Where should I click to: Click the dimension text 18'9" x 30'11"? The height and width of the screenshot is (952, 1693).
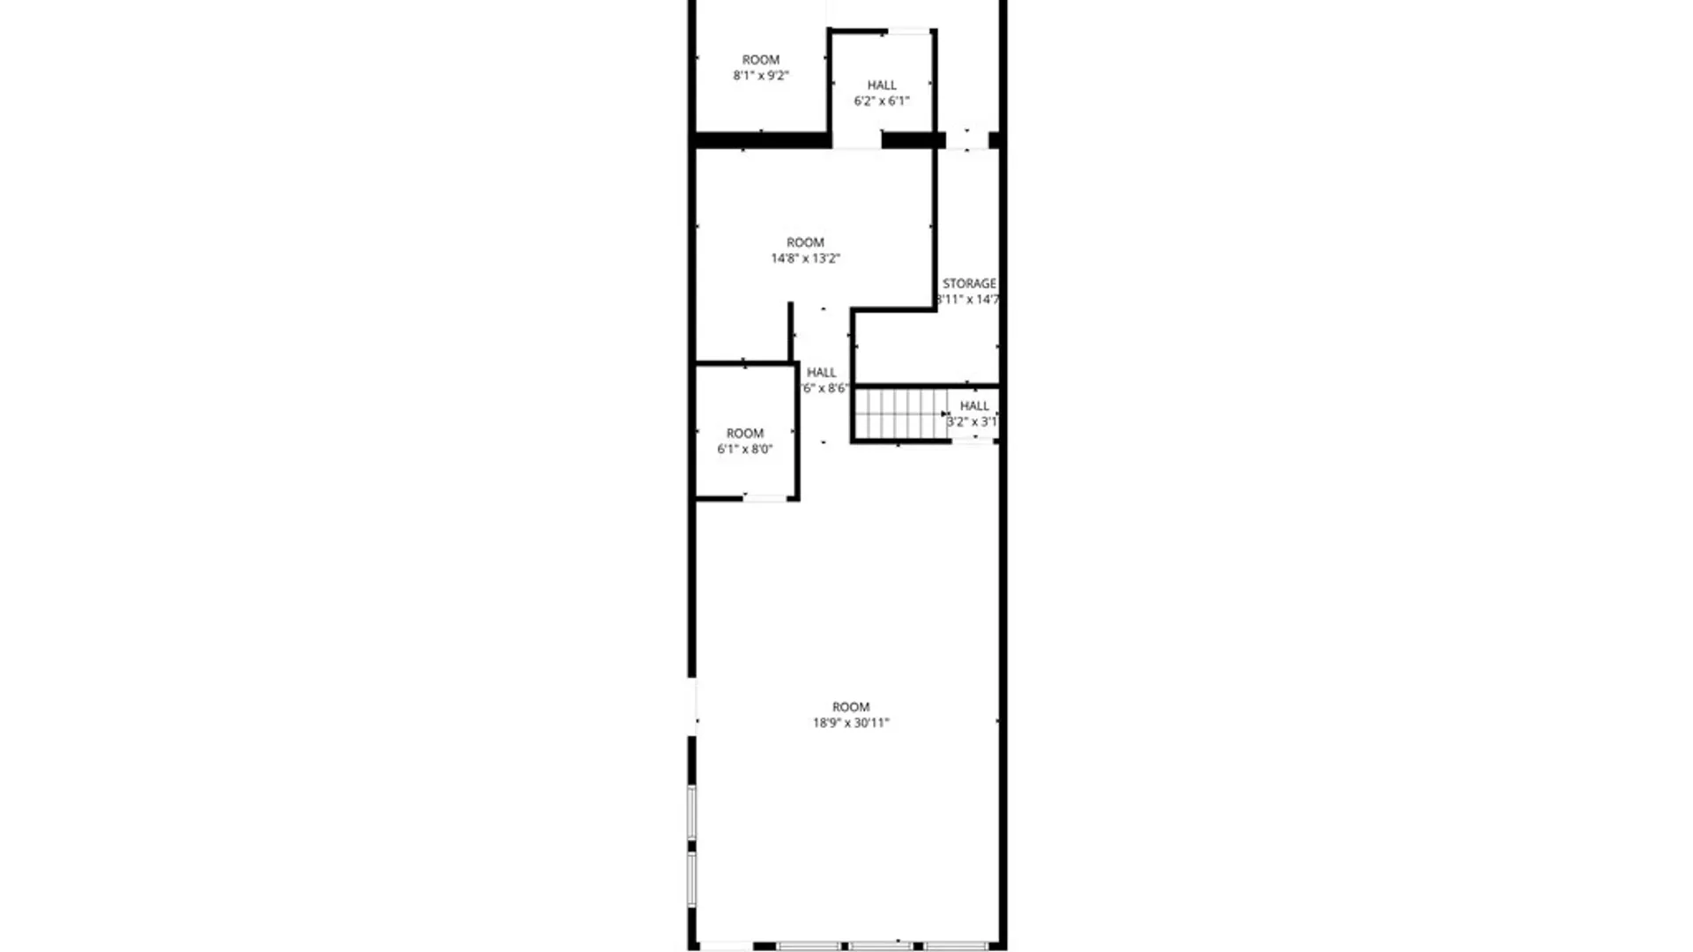coord(851,723)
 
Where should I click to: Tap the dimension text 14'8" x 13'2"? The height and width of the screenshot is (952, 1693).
coord(805,258)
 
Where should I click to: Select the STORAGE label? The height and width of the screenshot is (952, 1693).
coord(969,283)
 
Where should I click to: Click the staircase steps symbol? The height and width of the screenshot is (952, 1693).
coord(899,413)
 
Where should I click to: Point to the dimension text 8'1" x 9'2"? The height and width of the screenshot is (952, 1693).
coord(760,76)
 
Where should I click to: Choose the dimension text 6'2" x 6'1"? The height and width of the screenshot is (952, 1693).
coord(881,101)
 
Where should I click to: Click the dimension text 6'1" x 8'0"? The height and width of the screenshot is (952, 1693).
coord(744,450)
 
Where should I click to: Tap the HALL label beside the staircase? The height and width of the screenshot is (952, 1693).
coord(974,405)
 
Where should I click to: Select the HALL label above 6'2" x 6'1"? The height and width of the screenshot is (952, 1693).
coord(882,85)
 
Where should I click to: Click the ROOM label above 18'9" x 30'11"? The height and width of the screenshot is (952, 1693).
coord(851,706)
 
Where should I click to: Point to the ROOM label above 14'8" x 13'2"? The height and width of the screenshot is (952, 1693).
coord(805,242)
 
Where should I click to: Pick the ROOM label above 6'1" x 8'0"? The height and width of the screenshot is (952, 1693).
coord(744,433)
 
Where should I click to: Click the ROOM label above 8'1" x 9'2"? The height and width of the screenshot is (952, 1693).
coord(760,59)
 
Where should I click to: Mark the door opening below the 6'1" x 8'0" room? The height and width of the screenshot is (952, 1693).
coord(764,499)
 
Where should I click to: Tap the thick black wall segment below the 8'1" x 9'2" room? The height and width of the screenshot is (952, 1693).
coord(761,140)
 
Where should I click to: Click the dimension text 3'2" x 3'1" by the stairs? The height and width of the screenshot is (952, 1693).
coord(972,422)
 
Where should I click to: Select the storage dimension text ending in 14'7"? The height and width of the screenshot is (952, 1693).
coord(968,300)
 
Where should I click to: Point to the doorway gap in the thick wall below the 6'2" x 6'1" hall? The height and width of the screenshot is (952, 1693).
coord(856,140)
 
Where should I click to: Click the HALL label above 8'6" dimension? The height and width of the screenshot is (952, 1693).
coord(821,372)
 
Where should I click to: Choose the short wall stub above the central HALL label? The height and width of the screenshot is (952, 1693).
coord(790,331)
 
